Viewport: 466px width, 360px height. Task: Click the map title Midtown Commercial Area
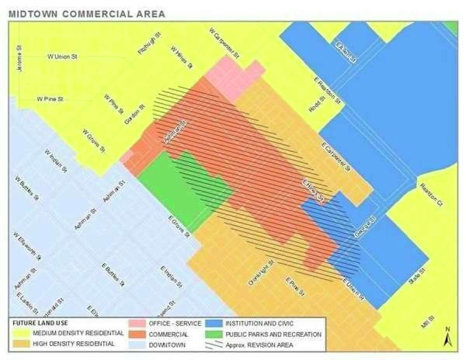[x=87, y=14]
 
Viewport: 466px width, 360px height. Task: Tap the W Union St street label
[x=63, y=57]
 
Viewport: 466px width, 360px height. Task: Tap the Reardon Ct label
[x=431, y=194]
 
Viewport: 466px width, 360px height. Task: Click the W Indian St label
[x=56, y=161]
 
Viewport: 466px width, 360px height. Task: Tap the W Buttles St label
[x=27, y=188]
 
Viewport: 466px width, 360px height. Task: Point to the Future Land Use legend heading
[x=40, y=323]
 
